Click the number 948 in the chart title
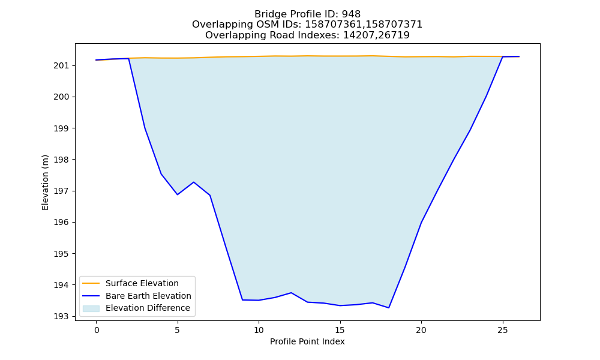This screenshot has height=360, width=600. click(x=351, y=14)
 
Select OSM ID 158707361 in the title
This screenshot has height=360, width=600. click(x=334, y=25)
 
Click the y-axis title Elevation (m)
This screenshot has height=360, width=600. click(x=45, y=182)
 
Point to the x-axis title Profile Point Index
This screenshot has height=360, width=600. click(x=307, y=341)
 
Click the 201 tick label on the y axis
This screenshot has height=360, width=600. click(x=61, y=66)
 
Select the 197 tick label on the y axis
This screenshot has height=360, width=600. click(x=61, y=191)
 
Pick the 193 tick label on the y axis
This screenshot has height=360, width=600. click(x=61, y=316)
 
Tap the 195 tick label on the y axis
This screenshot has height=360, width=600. click(x=61, y=254)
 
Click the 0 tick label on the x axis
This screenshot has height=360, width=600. click(x=97, y=330)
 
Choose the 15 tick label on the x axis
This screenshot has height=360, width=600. click(x=340, y=330)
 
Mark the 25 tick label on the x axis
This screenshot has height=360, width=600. click(x=502, y=330)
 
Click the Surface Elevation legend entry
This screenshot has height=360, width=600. click(x=142, y=283)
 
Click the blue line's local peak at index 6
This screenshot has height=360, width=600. click(x=194, y=182)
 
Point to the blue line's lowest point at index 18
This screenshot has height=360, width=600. click(x=389, y=308)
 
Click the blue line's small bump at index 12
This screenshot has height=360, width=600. click(x=291, y=293)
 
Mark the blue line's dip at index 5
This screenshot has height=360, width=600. click(x=178, y=194)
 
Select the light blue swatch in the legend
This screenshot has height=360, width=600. click(x=91, y=308)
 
